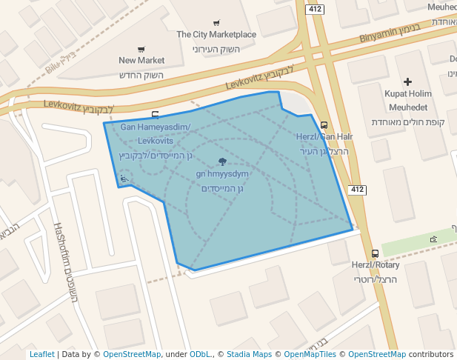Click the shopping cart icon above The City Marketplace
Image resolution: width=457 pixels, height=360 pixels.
pyautogui.click(x=216, y=23)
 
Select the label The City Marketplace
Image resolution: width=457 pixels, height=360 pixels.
pyautogui.click(x=216, y=35)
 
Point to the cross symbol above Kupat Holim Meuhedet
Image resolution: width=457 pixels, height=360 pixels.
pyautogui.click(x=407, y=81)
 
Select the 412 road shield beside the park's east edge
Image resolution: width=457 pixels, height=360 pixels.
pyautogui.click(x=357, y=190)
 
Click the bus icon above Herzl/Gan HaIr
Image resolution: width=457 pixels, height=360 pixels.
pyautogui.click(x=324, y=126)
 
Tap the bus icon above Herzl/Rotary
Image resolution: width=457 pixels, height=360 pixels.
pyautogui.click(x=376, y=253)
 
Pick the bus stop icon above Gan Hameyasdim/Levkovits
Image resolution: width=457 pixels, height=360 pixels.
pyautogui.click(x=155, y=115)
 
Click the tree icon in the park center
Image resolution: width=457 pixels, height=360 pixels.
pyautogui.click(x=222, y=161)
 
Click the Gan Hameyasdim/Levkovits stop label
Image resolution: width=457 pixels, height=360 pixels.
pyautogui.click(x=156, y=133)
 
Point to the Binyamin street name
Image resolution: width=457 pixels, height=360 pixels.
pyautogui.click(x=379, y=37)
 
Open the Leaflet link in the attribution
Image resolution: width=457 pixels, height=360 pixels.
pyautogui.click(x=42, y=355)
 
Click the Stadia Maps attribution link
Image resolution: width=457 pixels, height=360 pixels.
pyautogui.click(x=249, y=355)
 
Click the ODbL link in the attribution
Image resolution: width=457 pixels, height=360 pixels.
pyautogui.click(x=201, y=355)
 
